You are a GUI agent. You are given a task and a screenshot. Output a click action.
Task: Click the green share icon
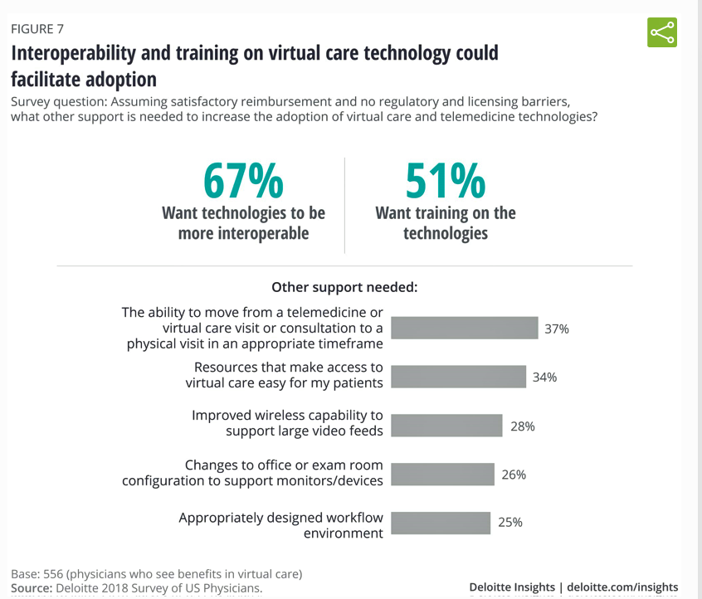tap(661, 32)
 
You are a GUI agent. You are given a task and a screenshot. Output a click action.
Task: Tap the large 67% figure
tap(243, 181)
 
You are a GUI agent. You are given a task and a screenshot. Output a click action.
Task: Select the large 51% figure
tap(446, 181)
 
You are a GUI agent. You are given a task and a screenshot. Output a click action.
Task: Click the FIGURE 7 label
tap(37, 29)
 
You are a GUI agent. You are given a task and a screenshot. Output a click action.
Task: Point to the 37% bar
tap(464, 328)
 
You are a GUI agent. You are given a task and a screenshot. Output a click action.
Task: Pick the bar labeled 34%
tap(458, 376)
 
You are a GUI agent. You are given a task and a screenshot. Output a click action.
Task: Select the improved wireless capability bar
tap(446, 426)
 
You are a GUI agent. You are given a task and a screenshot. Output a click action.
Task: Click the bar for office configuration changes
tap(442, 474)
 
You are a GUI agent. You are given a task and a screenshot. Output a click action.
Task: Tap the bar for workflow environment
tap(440, 523)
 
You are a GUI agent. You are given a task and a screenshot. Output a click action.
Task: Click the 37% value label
tap(557, 329)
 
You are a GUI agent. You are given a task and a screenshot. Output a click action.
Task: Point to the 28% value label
tap(523, 426)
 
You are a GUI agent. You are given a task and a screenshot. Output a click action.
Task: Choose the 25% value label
tap(510, 523)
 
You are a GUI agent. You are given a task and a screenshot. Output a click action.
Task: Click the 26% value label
tap(514, 475)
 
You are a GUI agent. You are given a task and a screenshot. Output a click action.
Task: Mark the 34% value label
tap(544, 377)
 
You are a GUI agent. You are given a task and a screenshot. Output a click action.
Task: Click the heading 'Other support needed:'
tap(344, 287)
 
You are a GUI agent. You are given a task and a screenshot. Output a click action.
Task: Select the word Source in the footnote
tap(31, 588)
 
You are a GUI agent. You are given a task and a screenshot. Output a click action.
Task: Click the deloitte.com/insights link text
tap(622, 587)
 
